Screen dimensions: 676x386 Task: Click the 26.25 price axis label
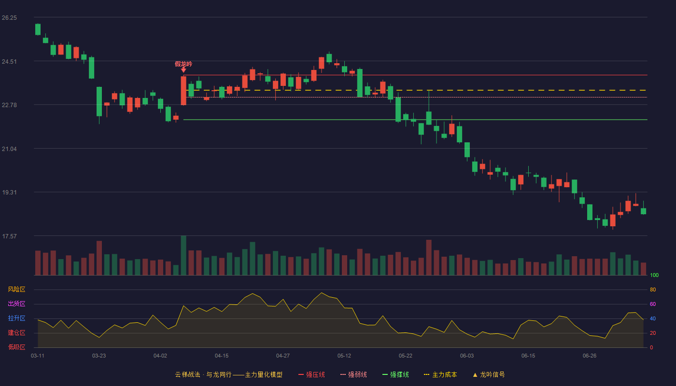click(x=9, y=18)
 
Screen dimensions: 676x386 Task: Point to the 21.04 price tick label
click(x=9, y=149)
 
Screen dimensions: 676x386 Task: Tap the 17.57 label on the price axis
click(x=9, y=236)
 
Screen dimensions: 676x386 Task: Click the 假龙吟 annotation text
click(x=183, y=64)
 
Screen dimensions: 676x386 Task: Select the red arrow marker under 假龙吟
click(x=183, y=70)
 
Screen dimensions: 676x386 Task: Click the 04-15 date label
click(x=222, y=356)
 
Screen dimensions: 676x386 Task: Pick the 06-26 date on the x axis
click(x=590, y=356)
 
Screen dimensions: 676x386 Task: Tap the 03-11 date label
click(x=38, y=356)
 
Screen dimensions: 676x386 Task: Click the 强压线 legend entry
click(x=311, y=374)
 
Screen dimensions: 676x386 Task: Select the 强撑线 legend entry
click(x=395, y=374)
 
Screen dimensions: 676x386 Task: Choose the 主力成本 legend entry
click(x=440, y=374)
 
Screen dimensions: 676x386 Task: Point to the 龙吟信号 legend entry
click(x=489, y=374)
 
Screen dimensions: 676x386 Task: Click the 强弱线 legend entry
click(x=353, y=374)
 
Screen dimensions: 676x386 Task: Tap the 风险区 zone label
click(x=16, y=289)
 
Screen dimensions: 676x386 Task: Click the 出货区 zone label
click(x=16, y=303)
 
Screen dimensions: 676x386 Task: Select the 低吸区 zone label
click(x=16, y=347)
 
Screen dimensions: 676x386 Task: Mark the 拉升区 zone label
click(x=16, y=318)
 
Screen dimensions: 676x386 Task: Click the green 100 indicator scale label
click(x=654, y=275)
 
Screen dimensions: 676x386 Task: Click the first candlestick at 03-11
click(x=38, y=29)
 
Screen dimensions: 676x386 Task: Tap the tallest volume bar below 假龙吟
click(x=183, y=255)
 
